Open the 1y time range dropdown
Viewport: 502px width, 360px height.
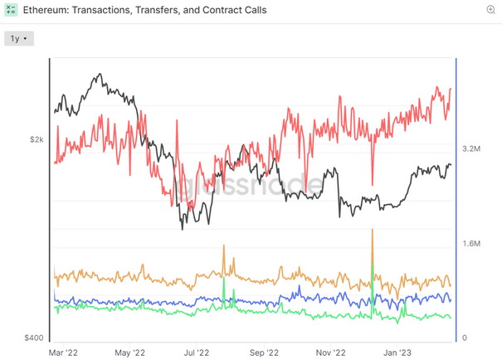(17, 38)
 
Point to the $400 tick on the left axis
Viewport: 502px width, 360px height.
(33, 338)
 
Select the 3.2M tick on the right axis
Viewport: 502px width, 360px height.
(471, 149)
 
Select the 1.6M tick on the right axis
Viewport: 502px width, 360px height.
(471, 244)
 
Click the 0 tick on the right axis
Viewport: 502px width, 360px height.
(465, 338)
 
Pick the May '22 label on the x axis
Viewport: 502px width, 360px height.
(129, 352)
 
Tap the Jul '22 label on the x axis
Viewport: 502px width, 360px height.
(196, 352)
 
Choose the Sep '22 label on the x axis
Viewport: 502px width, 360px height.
(264, 352)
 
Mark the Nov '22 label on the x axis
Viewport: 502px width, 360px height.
(332, 352)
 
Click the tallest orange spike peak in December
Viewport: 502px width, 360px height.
(373, 229)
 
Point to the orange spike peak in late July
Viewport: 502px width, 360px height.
(224, 246)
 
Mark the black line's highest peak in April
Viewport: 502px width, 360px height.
(100, 75)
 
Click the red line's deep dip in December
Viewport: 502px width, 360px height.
(373, 184)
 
